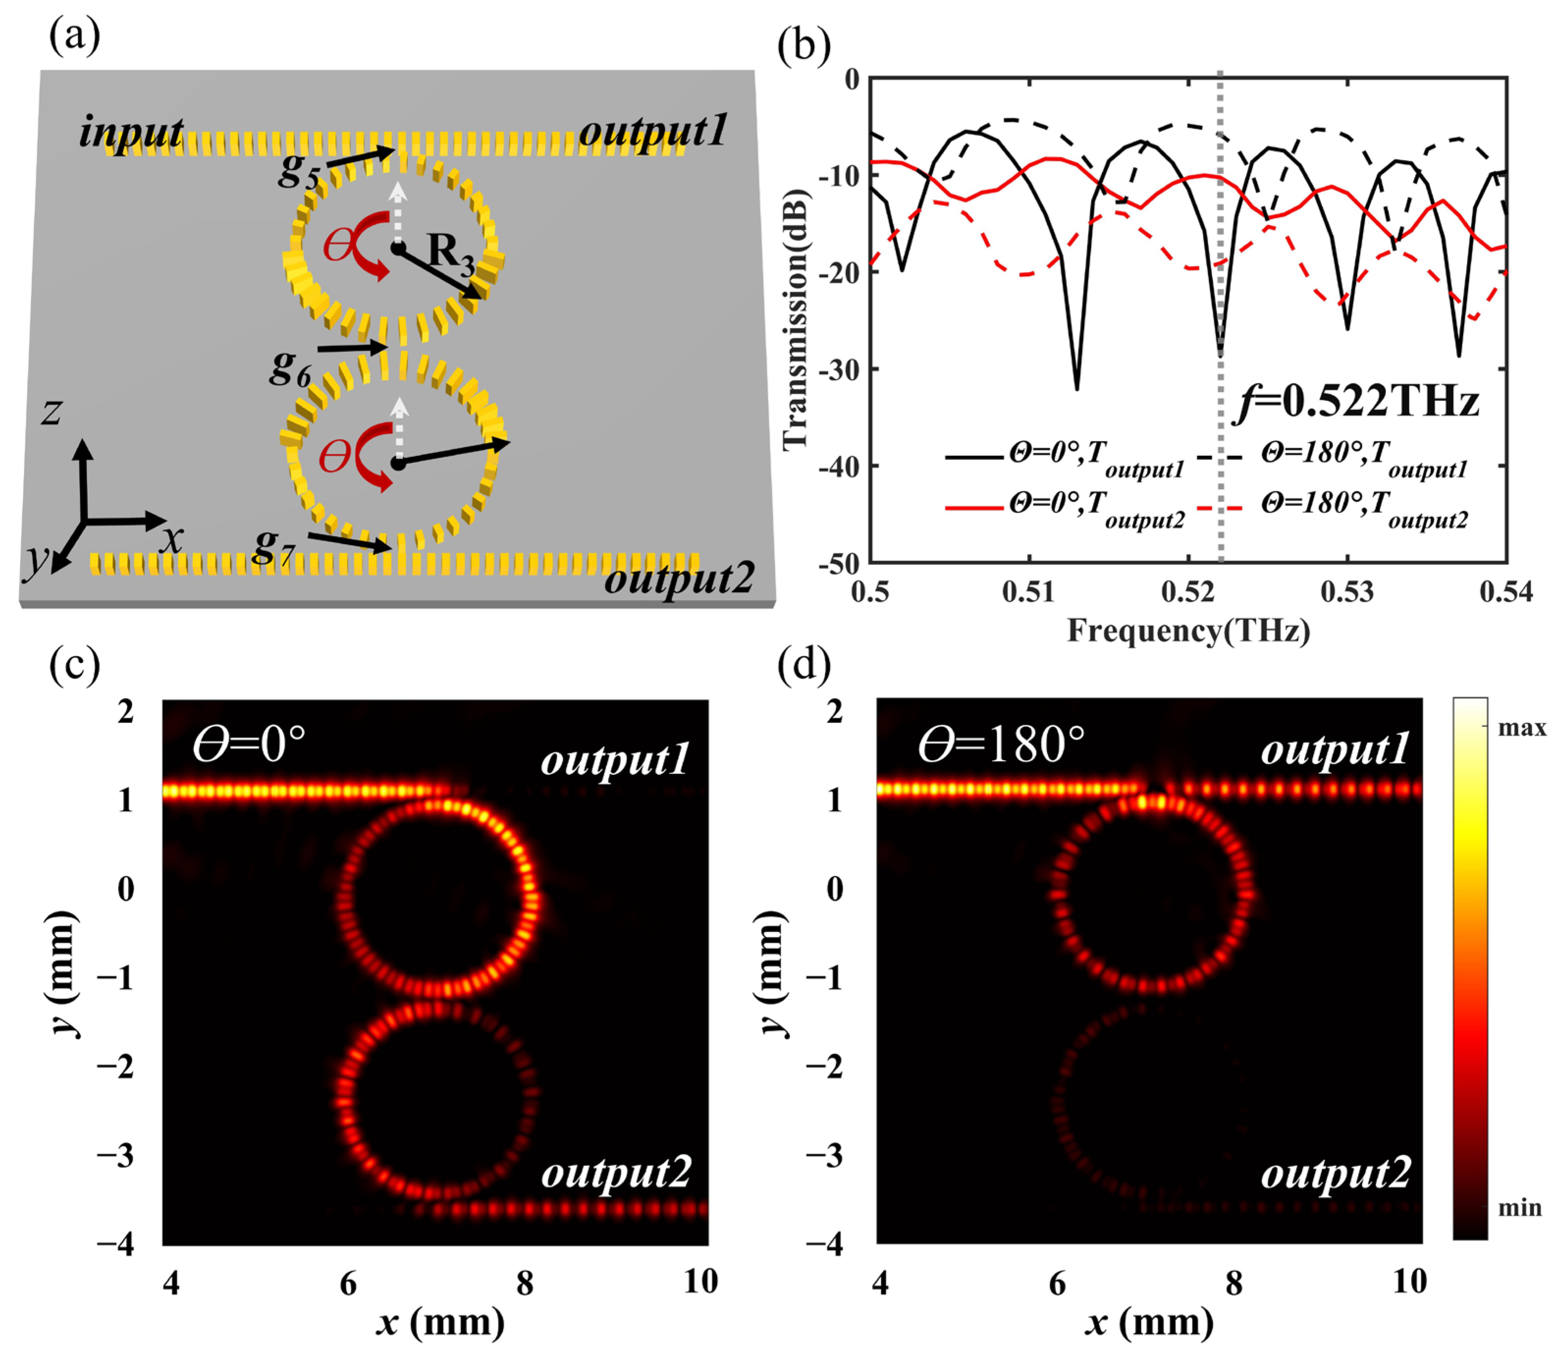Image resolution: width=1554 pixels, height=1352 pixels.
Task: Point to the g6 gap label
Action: [291, 368]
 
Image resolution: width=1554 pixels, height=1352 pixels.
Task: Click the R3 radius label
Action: [450, 253]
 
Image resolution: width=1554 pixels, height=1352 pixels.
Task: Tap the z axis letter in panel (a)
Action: [51, 412]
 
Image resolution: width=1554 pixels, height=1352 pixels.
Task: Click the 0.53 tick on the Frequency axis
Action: [1347, 592]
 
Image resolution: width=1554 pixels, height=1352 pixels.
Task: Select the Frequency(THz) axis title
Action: [1188, 630]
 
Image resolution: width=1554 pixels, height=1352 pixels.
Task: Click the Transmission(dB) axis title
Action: [796, 320]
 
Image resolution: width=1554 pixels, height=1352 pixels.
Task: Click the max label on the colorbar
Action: [1521, 728]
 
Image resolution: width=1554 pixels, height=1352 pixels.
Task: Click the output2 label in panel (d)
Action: [1335, 1175]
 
